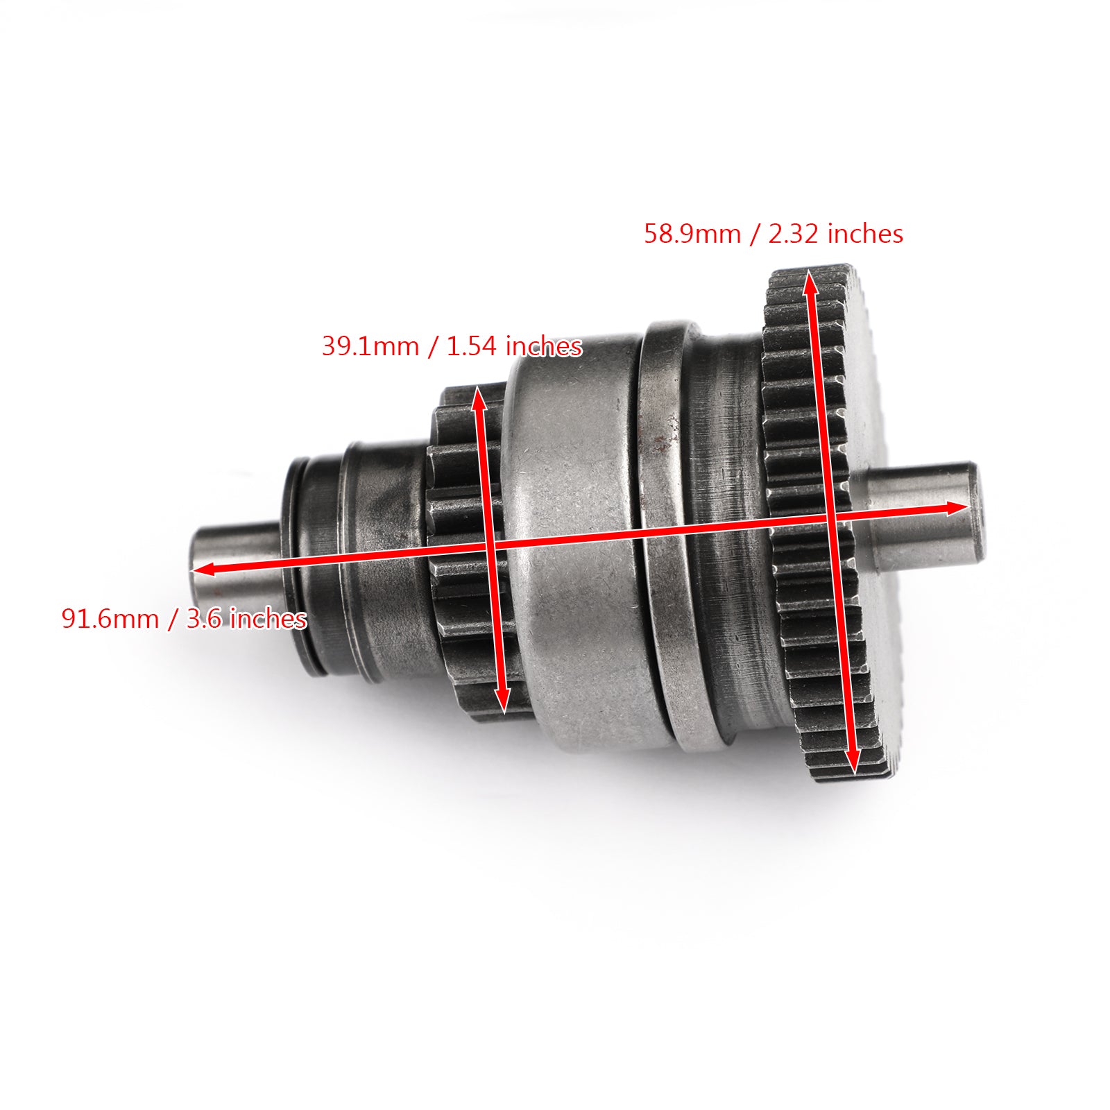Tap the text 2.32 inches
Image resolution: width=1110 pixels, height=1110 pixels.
[x=835, y=234]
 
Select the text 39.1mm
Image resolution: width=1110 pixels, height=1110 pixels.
[x=370, y=345]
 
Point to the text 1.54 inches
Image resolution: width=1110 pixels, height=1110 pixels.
[x=514, y=345]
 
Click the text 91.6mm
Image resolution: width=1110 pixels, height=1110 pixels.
[x=110, y=618]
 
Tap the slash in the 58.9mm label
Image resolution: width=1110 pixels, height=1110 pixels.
[x=754, y=234]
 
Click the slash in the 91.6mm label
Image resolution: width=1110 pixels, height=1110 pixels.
[x=171, y=619]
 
